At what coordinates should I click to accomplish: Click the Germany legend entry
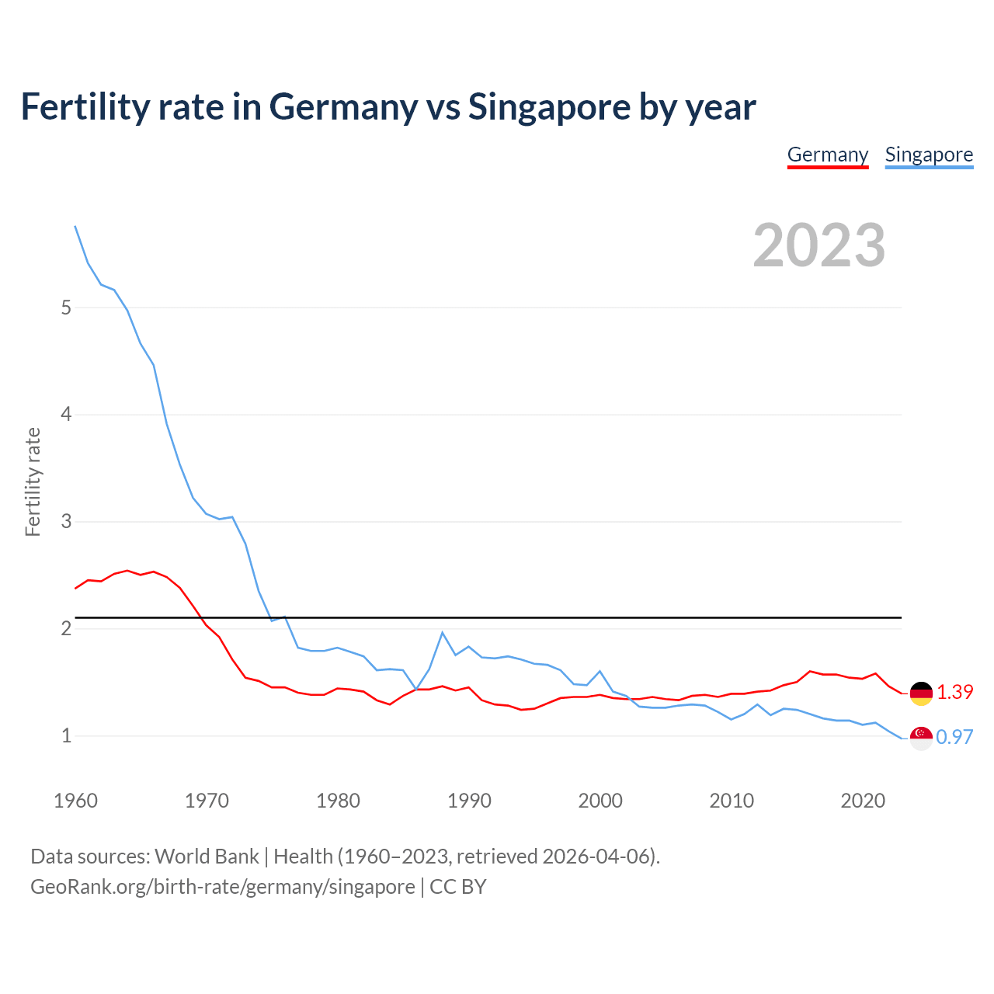[x=828, y=155]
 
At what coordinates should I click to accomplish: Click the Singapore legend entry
[x=929, y=155]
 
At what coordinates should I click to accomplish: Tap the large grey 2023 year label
[x=819, y=245]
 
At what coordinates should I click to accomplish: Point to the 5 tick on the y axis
[x=66, y=308]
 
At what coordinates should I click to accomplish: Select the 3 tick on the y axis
[x=66, y=521]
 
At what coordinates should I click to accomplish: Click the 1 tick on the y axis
[x=66, y=735]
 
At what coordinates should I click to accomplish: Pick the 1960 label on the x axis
[x=75, y=801]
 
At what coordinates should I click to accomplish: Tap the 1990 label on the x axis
[x=469, y=801]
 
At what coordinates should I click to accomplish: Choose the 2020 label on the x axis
[x=863, y=801]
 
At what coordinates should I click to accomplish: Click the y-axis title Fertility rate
[x=33, y=481]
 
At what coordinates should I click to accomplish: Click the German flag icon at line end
[x=921, y=693]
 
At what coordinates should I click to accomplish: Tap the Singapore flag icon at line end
[x=921, y=739]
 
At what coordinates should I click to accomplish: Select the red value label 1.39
[x=954, y=692]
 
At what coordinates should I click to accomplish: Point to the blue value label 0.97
[x=954, y=737]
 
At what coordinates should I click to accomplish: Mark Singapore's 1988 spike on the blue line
[x=442, y=633]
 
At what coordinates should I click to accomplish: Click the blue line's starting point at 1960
[x=75, y=226]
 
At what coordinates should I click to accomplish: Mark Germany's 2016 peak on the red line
[x=810, y=671]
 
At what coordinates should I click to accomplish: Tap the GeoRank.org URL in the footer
[x=223, y=887]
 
